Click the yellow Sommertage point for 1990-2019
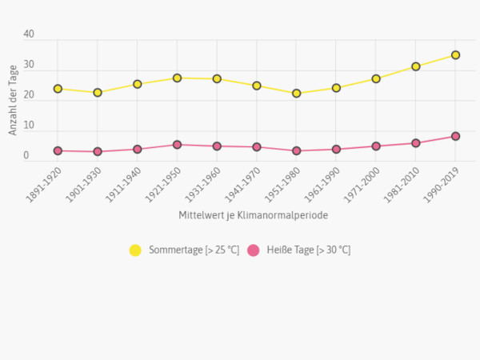pyautogui.click(x=455, y=55)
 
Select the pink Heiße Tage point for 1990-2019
pyautogui.click(x=455, y=136)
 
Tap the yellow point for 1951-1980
pyautogui.click(x=296, y=94)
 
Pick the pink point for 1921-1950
pyautogui.click(x=177, y=145)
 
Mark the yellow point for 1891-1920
pyautogui.click(x=58, y=89)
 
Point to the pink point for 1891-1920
pyautogui.click(x=58, y=150)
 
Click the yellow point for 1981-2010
pyautogui.click(x=416, y=66)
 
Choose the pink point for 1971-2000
pyautogui.click(x=376, y=146)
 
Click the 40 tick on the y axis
pyautogui.click(x=30, y=35)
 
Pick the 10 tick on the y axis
pyautogui.click(x=30, y=126)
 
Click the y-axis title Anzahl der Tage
pyautogui.click(x=14, y=100)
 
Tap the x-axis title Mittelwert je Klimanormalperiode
pyautogui.click(x=254, y=215)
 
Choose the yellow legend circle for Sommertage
pyautogui.click(x=135, y=250)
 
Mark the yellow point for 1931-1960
pyautogui.click(x=217, y=79)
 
